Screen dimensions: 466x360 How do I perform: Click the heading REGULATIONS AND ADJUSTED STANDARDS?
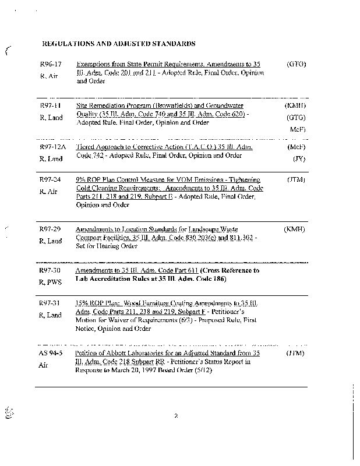click(119, 44)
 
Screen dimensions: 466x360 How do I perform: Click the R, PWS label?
click(51, 283)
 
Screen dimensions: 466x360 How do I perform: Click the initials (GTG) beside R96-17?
click(297, 63)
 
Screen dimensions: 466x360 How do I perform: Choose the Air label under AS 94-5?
click(44, 365)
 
